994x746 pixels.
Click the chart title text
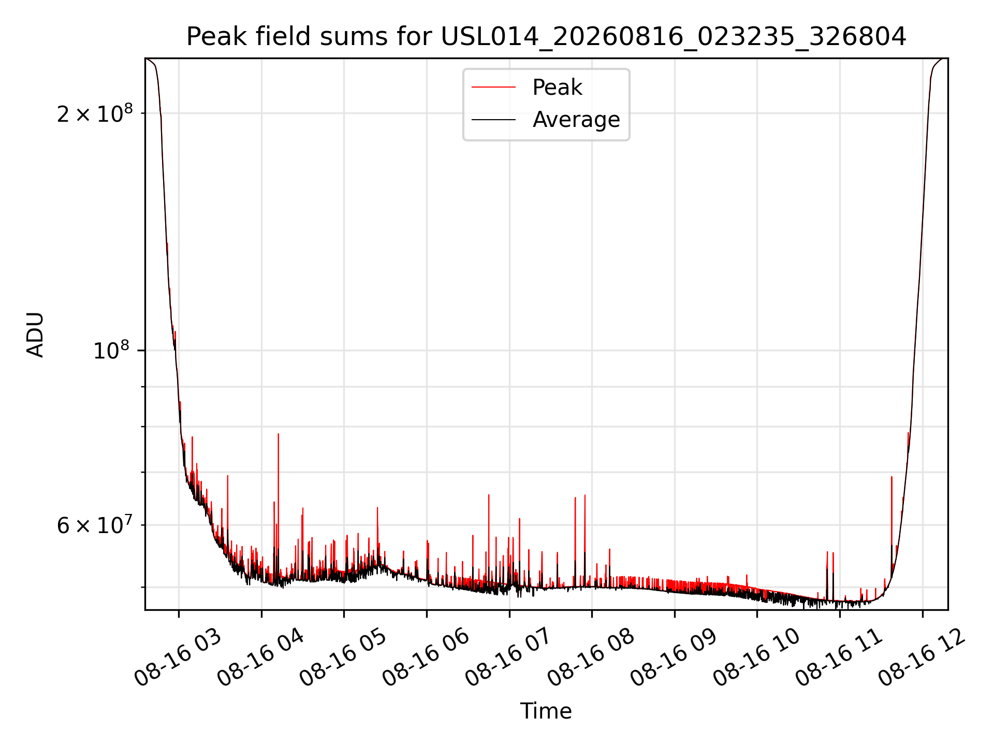click(x=546, y=37)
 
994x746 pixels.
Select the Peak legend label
click(x=557, y=88)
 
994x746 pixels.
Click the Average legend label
click(x=576, y=120)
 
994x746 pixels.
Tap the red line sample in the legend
click(x=494, y=88)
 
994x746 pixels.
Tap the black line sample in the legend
click(x=494, y=120)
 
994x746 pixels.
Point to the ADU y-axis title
click(x=35, y=335)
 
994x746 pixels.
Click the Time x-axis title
click(x=546, y=711)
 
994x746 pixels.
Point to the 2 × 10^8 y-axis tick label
click(x=95, y=113)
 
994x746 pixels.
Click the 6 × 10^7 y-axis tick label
click(x=95, y=525)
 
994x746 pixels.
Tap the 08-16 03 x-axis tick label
click(x=178, y=658)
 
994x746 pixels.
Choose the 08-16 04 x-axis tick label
click(x=260, y=658)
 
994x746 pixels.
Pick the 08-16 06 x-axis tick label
click(x=426, y=658)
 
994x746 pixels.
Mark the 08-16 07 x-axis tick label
click(x=508, y=658)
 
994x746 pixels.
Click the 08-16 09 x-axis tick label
click(x=674, y=658)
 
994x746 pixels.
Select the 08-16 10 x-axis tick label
click(x=756, y=658)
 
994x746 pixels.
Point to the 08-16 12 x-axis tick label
click(x=922, y=658)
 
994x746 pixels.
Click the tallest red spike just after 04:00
click(x=279, y=505)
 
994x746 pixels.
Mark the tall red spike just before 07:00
click(x=489, y=539)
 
